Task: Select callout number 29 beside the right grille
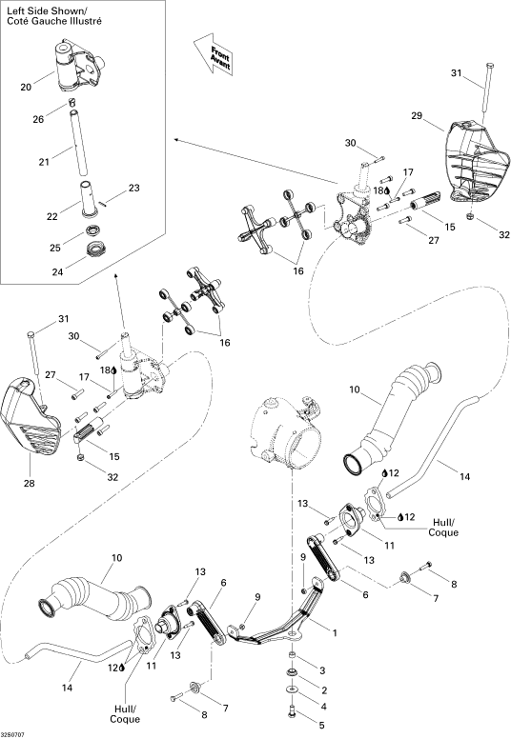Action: click(x=417, y=115)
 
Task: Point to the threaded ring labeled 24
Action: click(x=97, y=248)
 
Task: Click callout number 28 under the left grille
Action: click(x=29, y=483)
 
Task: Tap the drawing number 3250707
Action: click(x=13, y=734)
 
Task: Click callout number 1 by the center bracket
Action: click(x=335, y=632)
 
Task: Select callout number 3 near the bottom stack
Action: click(x=322, y=670)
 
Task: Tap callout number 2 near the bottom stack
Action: click(x=324, y=690)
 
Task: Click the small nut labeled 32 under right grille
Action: click(x=470, y=216)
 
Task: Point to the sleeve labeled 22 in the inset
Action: click(x=90, y=199)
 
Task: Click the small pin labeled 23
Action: click(x=104, y=203)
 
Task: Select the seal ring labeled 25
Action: click(x=93, y=230)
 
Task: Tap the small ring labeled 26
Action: click(x=72, y=101)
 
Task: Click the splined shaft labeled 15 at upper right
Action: click(x=424, y=200)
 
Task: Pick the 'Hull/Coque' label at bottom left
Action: click(x=125, y=714)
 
